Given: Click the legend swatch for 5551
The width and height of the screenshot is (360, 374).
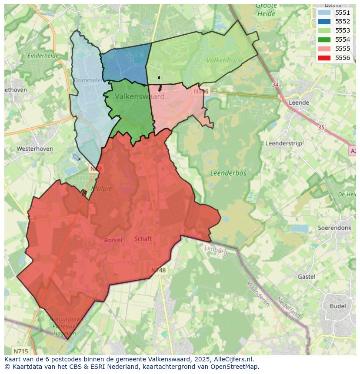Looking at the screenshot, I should [324, 13].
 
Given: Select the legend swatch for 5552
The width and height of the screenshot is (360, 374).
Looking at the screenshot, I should [324, 21].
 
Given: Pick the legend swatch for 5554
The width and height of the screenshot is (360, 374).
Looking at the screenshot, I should [324, 40].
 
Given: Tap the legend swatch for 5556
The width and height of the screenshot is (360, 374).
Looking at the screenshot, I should [324, 58].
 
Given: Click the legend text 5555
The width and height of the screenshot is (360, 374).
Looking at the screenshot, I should [343, 49].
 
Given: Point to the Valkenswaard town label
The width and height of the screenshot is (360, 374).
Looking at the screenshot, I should [140, 96].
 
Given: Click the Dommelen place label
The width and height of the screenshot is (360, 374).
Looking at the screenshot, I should [88, 80].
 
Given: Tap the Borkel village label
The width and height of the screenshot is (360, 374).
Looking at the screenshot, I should [113, 240].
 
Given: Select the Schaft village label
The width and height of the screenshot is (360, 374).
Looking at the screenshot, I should [143, 238].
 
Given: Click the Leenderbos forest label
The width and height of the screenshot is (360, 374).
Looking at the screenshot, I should [228, 173].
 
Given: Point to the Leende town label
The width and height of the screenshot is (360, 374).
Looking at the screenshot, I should [299, 103].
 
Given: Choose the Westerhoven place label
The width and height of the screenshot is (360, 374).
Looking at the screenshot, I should [35, 149].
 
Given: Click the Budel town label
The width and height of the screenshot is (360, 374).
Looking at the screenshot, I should [338, 306].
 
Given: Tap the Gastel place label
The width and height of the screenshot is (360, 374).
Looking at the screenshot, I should [307, 277].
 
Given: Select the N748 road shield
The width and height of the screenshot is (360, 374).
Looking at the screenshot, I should [158, 270].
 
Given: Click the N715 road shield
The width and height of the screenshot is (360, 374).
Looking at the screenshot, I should [20, 351].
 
